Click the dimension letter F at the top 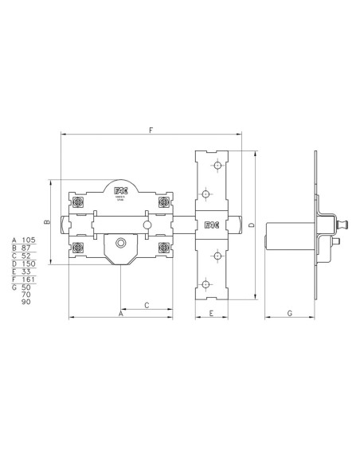pyautogui.click(x=151, y=128)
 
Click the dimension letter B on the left pyautogui.click(x=46, y=223)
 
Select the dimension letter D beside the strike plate pyautogui.click(x=251, y=226)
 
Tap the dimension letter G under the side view pyautogui.click(x=289, y=314)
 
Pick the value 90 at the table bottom pyautogui.click(x=25, y=303)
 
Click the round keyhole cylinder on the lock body pyautogui.click(x=120, y=243)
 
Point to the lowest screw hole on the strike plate pyautogui.click(x=205, y=283)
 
